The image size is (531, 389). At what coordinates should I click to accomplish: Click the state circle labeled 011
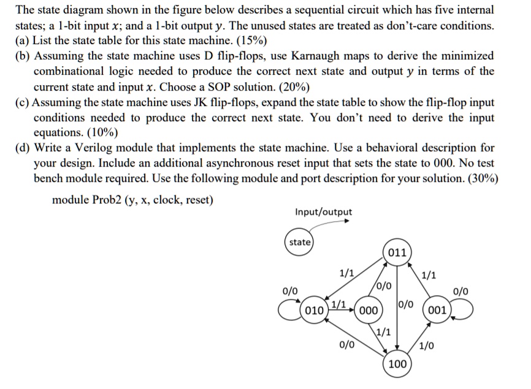tap(397, 252)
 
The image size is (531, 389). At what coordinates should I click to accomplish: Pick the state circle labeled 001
tap(437, 309)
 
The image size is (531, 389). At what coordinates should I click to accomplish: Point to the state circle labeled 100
tap(397, 364)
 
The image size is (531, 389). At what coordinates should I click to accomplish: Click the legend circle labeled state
tap(300, 242)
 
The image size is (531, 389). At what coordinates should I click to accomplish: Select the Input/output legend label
tap(323, 212)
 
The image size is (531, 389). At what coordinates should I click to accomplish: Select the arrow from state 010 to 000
tap(343, 309)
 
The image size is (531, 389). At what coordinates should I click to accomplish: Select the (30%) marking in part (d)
tap(480, 178)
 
